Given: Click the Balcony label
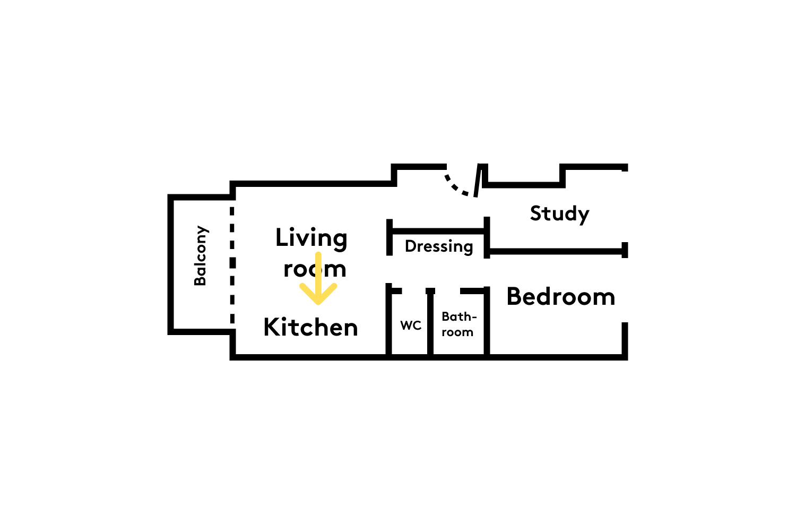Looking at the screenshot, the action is tap(201, 255).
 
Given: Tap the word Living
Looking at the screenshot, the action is tap(312, 238).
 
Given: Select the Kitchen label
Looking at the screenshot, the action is tap(310, 327).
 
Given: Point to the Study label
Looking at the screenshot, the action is tap(559, 214).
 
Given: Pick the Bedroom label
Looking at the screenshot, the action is tap(561, 297).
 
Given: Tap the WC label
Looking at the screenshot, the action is tap(411, 326).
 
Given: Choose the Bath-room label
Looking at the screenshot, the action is tap(459, 324).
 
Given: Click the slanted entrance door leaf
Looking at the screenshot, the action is tap(478, 181).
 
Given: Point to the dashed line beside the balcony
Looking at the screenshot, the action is tap(232, 265).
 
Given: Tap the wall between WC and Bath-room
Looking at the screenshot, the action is tap(430, 321).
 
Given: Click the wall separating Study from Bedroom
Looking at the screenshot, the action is tap(556, 252).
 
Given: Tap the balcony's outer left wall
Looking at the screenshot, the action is tap(170, 264).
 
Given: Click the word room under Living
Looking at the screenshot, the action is tap(315, 269).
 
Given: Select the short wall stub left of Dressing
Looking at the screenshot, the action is tap(390, 237).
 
